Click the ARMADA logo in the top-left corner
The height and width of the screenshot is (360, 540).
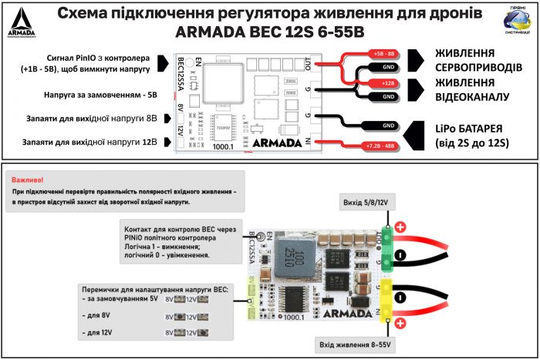click(21, 22)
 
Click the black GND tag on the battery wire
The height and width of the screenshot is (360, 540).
click(388, 126)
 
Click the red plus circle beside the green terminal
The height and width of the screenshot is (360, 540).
click(401, 227)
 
